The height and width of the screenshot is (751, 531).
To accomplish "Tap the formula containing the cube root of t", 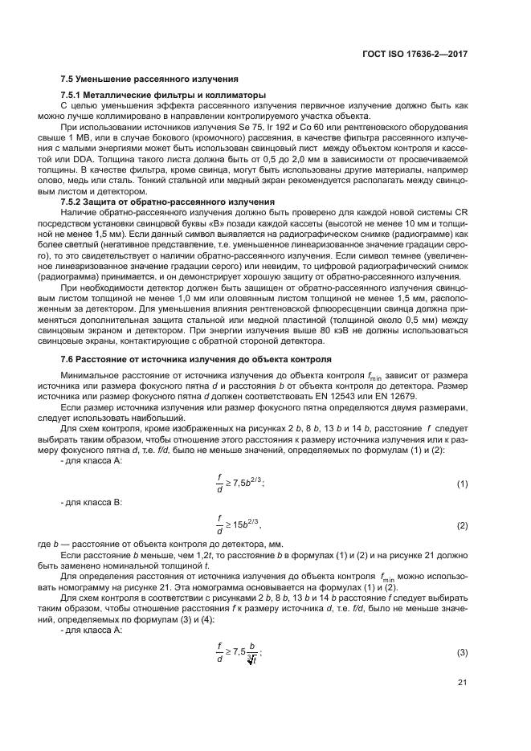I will point(239,653).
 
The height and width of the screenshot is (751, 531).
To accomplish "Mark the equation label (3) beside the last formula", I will point(462,653).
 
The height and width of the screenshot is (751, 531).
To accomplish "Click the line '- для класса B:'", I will point(91,502).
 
